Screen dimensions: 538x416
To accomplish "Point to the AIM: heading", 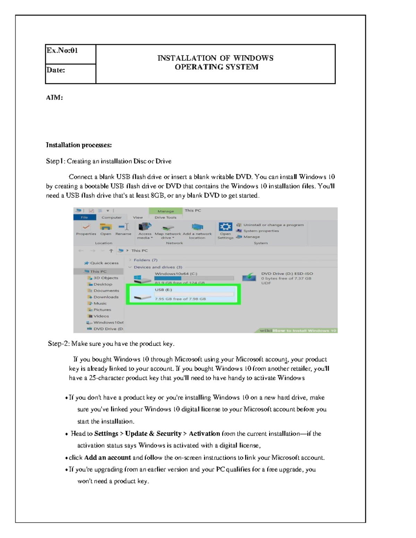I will pos(54,98).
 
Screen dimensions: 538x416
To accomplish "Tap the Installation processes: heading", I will pos(79,145).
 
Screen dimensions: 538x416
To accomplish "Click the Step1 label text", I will pos(55,161).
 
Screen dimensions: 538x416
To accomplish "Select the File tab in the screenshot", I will pos(84,217).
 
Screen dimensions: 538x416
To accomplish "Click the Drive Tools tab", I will pos(165,217).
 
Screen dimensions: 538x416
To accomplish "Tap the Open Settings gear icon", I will pos(225,227).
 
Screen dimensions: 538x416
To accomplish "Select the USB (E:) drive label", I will pos(163,290).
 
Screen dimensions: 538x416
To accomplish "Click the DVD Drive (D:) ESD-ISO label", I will pos(287,273).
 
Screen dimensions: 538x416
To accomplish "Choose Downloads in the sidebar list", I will pos(106,297).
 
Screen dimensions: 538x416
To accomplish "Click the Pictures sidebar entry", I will pos(102,310).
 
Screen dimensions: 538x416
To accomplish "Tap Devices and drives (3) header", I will pos(158,267).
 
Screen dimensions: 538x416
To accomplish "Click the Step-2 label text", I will pos(59,344).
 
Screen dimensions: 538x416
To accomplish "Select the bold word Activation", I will pos(204,433).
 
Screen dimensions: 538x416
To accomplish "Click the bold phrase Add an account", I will pos(107,457).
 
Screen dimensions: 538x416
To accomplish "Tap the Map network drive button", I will pos(168,231).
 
